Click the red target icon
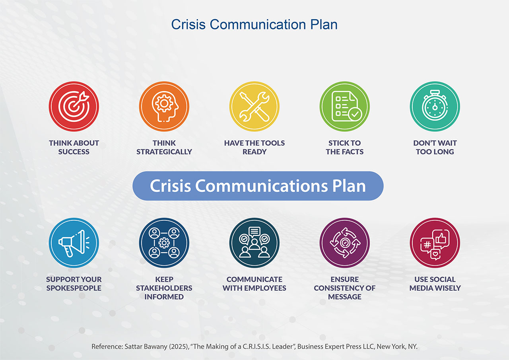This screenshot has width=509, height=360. click(74, 106)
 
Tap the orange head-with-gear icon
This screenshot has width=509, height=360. click(164, 106)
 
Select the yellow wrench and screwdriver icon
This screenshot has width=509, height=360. click(254, 106)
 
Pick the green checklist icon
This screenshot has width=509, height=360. click(344, 106)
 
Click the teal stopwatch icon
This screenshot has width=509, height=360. click(435, 106)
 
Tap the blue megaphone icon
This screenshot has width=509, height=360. click(74, 243)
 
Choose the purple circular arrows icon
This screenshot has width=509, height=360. click(344, 243)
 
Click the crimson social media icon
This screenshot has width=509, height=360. click(435, 243)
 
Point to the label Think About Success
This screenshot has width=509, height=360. click(74, 147)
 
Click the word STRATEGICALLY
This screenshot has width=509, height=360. click(164, 152)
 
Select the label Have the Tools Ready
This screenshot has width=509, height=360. click(254, 147)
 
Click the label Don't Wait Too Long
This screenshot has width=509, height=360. click(435, 147)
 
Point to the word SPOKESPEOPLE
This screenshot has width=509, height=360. click(74, 288)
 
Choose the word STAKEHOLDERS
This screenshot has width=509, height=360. click(164, 288)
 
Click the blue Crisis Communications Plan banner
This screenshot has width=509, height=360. click(258, 186)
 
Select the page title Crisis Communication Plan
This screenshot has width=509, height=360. click(254, 24)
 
